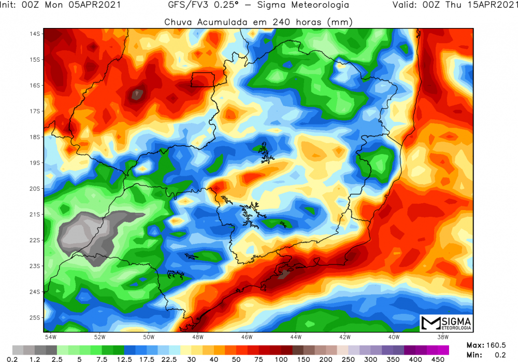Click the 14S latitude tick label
click(35, 34)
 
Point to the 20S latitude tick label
click(35, 189)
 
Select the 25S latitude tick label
click(35, 317)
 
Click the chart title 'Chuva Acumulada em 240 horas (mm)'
click(258, 22)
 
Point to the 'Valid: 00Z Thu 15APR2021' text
click(453, 6)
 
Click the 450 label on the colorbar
click(438, 358)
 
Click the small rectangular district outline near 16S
click(203, 79)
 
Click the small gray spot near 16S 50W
click(137, 94)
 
